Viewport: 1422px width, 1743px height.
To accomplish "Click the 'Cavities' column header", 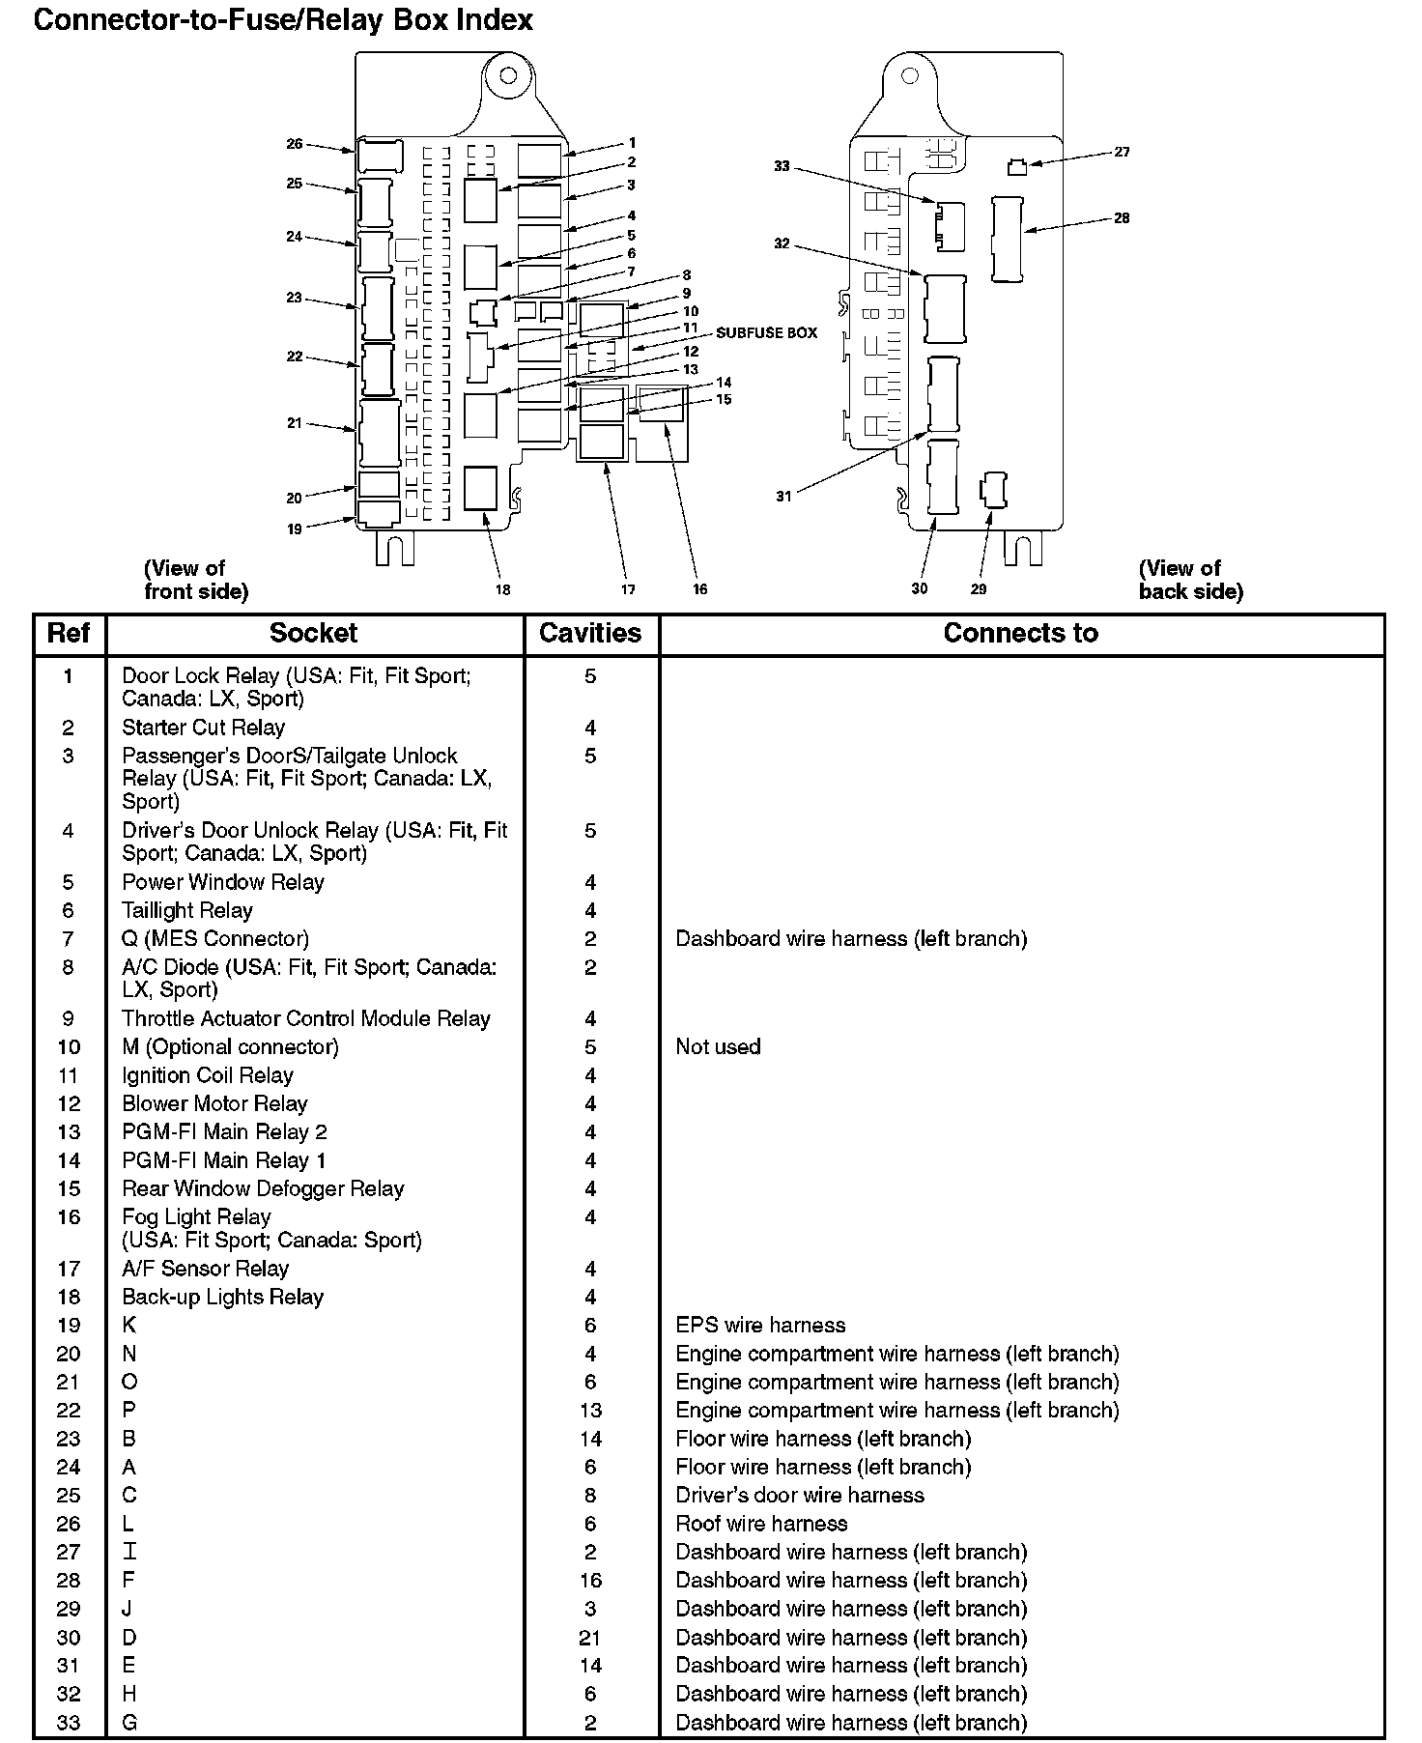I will click(x=590, y=634).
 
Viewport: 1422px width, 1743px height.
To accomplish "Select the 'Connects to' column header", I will click(x=1020, y=634).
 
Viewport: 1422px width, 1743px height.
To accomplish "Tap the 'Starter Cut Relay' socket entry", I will click(x=203, y=728).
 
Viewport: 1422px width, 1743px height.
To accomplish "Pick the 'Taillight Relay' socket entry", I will click(x=186, y=910).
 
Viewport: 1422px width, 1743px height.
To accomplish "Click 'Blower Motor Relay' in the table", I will click(x=214, y=1103).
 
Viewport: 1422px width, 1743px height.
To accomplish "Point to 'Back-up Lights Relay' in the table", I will click(x=222, y=1297).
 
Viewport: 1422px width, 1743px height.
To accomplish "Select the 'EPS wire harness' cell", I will click(x=760, y=1325).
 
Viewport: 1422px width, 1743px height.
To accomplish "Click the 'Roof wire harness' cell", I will click(x=761, y=1524).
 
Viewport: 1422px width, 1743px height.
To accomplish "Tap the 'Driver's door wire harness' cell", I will click(x=800, y=1496).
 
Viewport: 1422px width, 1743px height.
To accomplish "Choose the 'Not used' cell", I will click(x=718, y=1046).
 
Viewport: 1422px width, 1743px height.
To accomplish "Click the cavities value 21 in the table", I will click(x=590, y=1638).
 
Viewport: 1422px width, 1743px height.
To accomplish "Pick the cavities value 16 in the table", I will click(x=590, y=1581).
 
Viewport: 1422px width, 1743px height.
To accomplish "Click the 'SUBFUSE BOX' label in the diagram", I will click(x=766, y=333).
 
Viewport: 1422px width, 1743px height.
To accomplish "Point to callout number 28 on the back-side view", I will click(x=1122, y=218).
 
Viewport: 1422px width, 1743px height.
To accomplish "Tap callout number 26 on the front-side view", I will click(x=294, y=144).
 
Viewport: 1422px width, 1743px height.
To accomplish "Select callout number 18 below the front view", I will click(x=503, y=589).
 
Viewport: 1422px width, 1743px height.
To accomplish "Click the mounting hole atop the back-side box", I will click(x=909, y=75).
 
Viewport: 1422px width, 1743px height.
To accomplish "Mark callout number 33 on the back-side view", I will click(x=782, y=166).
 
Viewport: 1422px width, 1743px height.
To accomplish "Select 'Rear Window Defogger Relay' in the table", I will click(x=263, y=1188).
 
